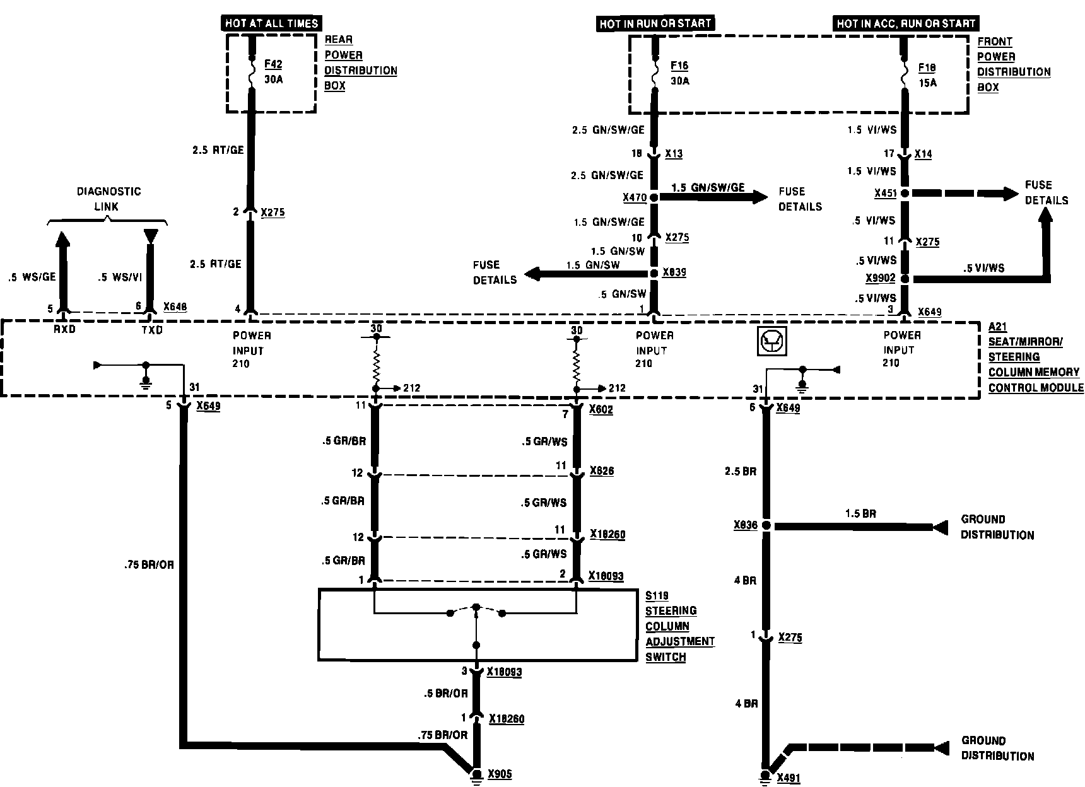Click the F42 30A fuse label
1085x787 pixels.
tap(274, 71)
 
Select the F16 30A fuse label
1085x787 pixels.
tap(679, 73)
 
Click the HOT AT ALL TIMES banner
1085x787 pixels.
tap(272, 24)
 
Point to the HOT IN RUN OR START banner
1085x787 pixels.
tap(655, 24)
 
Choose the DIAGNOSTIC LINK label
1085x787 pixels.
tap(108, 199)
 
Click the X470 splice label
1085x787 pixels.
tap(635, 198)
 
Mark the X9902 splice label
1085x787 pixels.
tap(881, 279)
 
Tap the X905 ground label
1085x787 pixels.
tap(500, 774)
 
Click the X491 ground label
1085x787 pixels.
tap(789, 778)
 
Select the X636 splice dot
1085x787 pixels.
tap(766, 525)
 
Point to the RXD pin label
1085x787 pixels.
tap(64, 329)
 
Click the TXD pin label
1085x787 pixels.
tap(151, 329)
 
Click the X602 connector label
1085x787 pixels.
tap(601, 410)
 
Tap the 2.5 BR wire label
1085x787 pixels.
tap(741, 472)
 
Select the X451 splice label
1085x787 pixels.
tap(885, 194)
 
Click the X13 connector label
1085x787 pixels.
tap(674, 154)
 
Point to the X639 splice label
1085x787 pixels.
tap(674, 273)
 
